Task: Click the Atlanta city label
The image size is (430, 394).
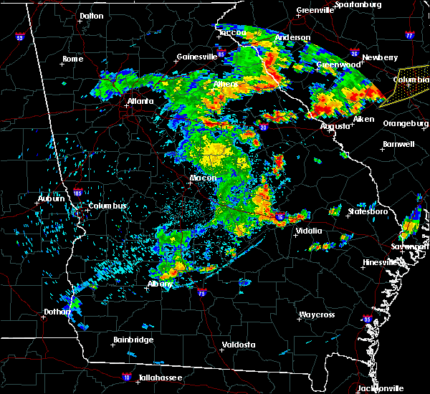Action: (x=140, y=101)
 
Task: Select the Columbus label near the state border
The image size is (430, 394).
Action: (x=107, y=206)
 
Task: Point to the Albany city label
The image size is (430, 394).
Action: (x=159, y=284)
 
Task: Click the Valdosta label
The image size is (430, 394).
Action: (x=239, y=345)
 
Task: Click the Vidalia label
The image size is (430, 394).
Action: (x=310, y=231)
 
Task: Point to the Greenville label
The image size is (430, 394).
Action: (x=315, y=11)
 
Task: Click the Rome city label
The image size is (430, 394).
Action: (x=73, y=59)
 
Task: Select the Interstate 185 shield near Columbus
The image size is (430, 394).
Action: (x=78, y=192)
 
